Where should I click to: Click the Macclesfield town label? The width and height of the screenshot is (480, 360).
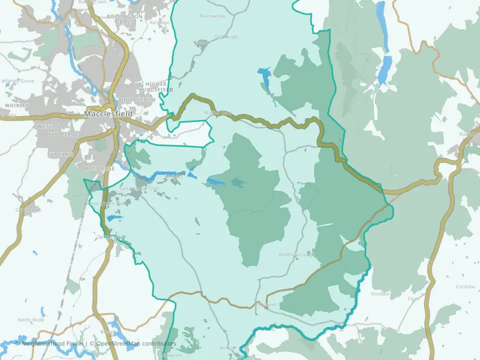pos(108,114)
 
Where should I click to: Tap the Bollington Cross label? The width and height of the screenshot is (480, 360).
pos(124,19)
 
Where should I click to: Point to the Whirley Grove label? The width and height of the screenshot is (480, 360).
pos(18,81)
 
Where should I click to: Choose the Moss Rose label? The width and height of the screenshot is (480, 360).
pos(99,169)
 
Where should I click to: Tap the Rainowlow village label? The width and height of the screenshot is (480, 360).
pos(212,16)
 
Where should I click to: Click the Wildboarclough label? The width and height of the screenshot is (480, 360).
pos(298,254)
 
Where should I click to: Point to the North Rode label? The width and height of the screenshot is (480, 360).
pos(31,320)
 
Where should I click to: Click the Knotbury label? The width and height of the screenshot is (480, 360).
pos(381,293)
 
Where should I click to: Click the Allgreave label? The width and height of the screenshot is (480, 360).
pos(265,304)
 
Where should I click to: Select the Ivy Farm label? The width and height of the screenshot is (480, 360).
pos(60,154)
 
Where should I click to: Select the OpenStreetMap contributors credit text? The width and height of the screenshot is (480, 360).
pos(136,343)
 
